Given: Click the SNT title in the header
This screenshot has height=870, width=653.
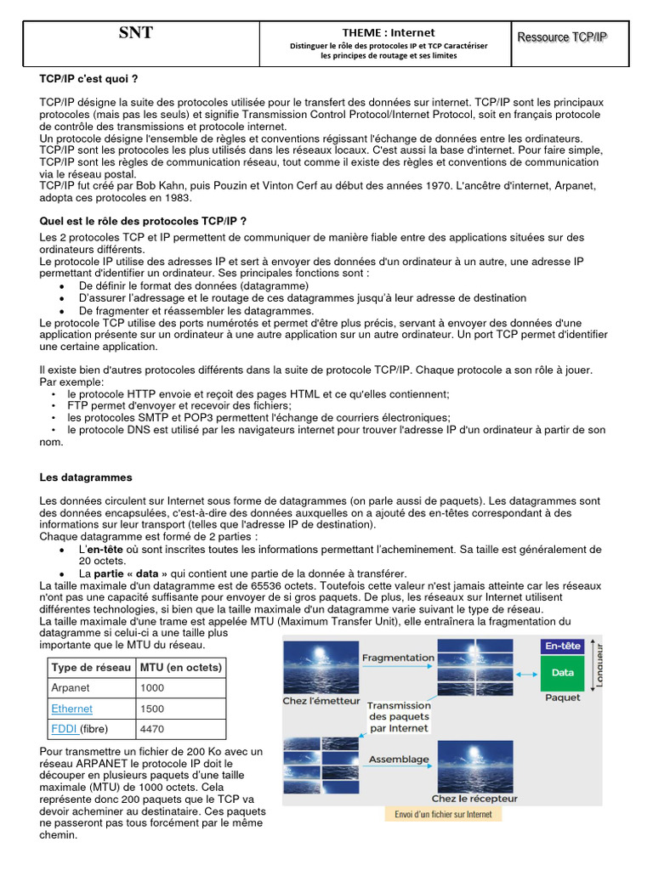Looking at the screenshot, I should (136, 33).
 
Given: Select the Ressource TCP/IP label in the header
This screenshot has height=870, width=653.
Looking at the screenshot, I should (562, 37).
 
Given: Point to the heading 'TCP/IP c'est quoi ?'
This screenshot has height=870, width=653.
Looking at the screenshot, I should (88, 78).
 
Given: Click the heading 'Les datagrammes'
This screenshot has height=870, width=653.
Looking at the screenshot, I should (86, 477).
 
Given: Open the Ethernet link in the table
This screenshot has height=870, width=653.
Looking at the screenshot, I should (72, 709).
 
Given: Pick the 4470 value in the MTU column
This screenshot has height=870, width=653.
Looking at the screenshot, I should (152, 729).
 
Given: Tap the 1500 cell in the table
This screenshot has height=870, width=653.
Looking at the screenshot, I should (152, 709).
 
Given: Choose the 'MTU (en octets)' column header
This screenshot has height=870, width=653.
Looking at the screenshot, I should (180, 668).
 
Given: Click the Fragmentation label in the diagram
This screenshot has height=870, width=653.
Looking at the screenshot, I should (398, 658).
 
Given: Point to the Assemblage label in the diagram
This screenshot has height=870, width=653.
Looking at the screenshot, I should (398, 759).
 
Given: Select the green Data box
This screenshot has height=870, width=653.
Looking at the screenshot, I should (562, 672).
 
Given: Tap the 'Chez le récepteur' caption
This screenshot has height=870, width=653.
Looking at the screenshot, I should (474, 799).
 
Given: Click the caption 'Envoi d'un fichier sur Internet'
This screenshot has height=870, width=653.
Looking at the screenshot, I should (443, 814).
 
